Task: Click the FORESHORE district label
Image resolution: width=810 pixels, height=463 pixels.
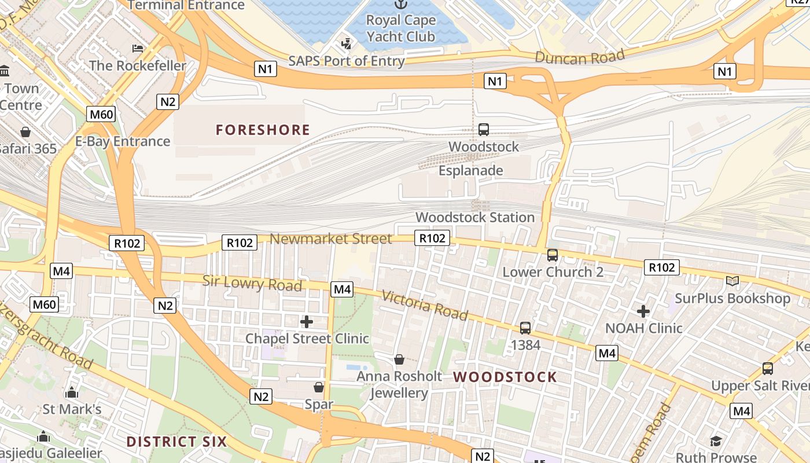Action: point(263,130)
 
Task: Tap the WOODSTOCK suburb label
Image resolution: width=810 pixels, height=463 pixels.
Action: point(505,377)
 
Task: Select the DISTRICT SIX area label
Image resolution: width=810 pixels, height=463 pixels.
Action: point(176,442)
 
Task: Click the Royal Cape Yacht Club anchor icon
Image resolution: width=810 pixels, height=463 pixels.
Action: point(400,4)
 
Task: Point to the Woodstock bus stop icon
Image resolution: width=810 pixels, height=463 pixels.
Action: point(484,130)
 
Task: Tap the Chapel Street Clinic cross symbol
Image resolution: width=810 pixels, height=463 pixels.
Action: point(307,321)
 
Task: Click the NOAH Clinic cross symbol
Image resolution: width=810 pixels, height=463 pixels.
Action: point(643,311)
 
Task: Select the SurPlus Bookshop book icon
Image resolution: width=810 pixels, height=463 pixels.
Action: point(732,281)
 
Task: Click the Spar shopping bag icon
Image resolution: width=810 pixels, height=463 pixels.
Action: point(319,387)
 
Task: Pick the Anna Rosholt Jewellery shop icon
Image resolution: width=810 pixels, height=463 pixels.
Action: point(399,359)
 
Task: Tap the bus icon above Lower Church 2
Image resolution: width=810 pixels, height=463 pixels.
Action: point(553,255)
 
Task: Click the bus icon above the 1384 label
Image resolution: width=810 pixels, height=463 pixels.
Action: point(525,328)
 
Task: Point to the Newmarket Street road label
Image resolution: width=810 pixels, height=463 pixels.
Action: point(330,238)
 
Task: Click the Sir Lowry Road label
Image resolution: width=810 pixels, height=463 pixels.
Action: point(252,284)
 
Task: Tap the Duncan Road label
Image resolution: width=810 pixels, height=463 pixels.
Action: point(580,57)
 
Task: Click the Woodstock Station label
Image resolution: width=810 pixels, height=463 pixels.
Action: point(475,218)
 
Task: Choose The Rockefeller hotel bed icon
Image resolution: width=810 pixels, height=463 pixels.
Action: point(138,48)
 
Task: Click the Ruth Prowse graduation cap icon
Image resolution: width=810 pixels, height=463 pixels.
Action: point(716,441)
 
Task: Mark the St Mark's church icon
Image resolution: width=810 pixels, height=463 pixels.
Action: point(72,392)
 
